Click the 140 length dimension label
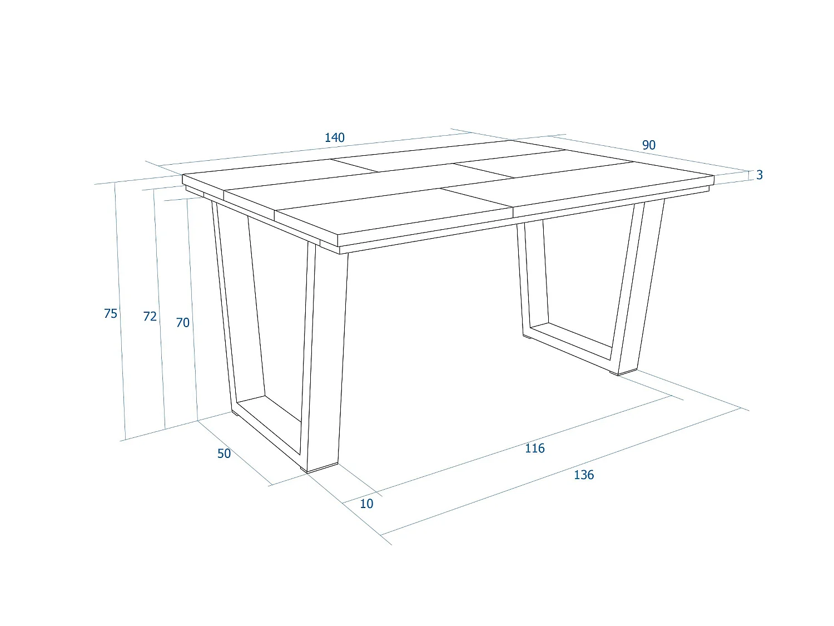click(x=335, y=137)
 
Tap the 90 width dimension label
click(x=649, y=145)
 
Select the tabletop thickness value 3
click(x=759, y=175)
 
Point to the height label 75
click(x=111, y=314)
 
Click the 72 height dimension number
click(x=150, y=317)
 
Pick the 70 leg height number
click(x=182, y=323)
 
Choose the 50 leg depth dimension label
click(x=224, y=454)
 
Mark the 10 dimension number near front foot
click(x=366, y=504)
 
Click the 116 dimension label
click(x=535, y=448)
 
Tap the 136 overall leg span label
click(x=584, y=475)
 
